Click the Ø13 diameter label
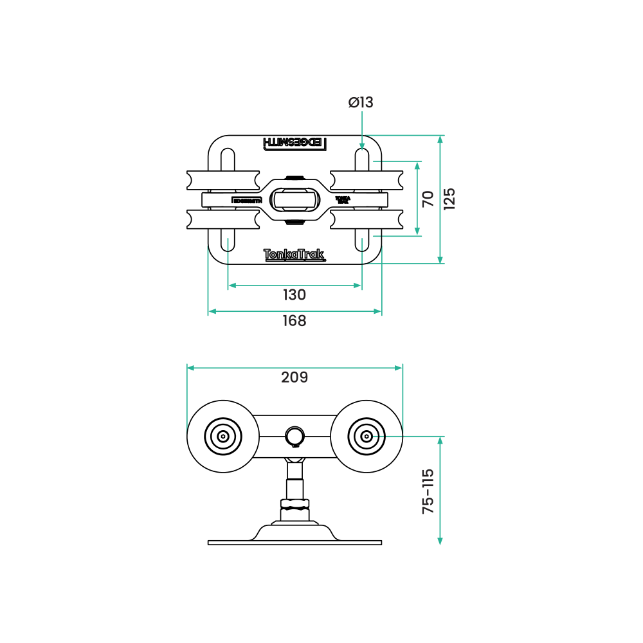(361, 102)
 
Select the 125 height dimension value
(449, 199)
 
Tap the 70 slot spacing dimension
(428, 199)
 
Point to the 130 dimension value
(294, 295)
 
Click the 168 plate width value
(294, 321)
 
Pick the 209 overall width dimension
(294, 377)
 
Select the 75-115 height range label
(428, 491)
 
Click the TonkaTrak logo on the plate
(294, 255)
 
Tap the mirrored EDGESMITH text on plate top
(294, 143)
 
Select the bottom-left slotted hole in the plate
(228, 240)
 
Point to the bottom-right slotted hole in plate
(361, 240)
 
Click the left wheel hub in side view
(223, 437)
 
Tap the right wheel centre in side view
(366, 437)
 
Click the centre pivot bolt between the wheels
(294, 436)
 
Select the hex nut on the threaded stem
(294, 505)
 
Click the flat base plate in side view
(294, 543)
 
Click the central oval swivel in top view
(294, 199)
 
